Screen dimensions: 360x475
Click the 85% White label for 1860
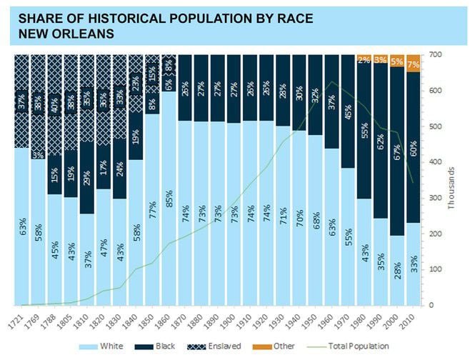point(169,211)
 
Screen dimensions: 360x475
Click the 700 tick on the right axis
point(435,55)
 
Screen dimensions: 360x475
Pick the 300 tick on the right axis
point(435,198)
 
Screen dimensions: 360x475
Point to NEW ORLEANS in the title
point(64,34)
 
